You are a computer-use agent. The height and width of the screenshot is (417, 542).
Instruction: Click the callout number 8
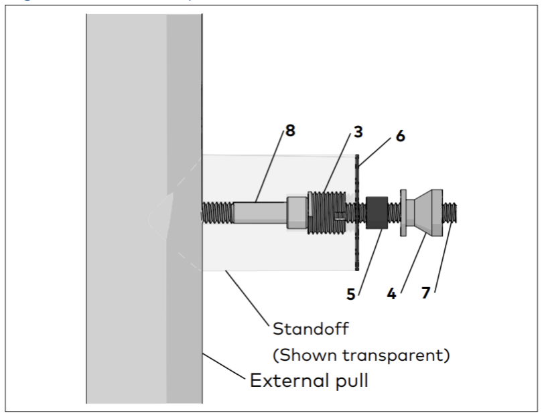coord(290,131)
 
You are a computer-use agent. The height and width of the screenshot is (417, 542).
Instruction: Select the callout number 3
coord(358,131)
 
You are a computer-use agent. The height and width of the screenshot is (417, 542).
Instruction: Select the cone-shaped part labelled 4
coord(424,212)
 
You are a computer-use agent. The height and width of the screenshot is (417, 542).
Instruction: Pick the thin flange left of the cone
coord(403,212)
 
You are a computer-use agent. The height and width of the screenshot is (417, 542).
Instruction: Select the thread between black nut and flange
coord(395,212)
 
